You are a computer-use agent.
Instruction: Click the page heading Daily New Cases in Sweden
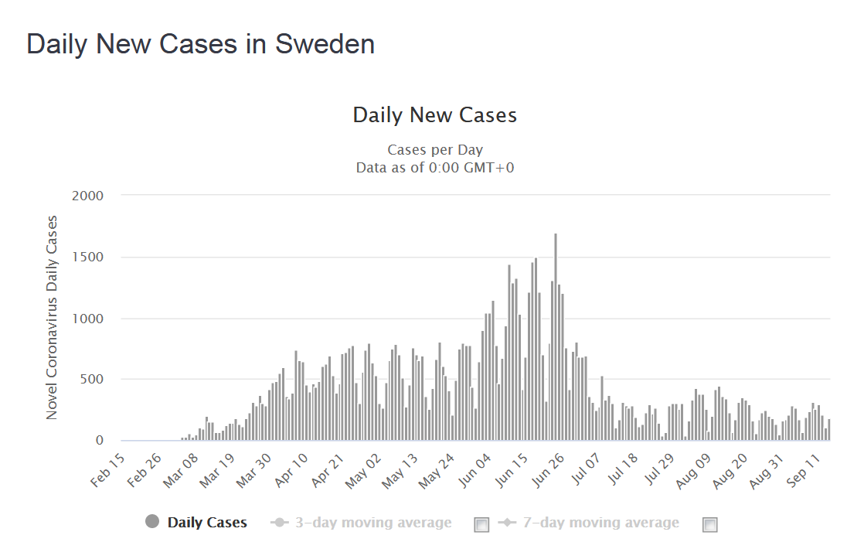pyautogui.click(x=200, y=44)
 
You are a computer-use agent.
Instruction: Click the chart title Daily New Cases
pyautogui.click(x=434, y=115)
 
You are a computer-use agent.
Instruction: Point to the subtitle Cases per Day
pyautogui.click(x=434, y=150)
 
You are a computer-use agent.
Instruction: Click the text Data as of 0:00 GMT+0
pyautogui.click(x=434, y=167)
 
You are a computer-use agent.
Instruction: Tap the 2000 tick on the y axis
pyautogui.click(x=88, y=196)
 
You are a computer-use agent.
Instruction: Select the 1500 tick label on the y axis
pyautogui.click(x=88, y=257)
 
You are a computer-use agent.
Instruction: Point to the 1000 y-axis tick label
pyautogui.click(x=88, y=319)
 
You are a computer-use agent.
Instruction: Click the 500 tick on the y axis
pyautogui.click(x=92, y=380)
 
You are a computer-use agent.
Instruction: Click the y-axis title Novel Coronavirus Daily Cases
pyautogui.click(x=52, y=318)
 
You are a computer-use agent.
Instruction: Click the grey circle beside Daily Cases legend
pyautogui.click(x=152, y=522)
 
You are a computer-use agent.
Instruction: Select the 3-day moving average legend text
pyautogui.click(x=373, y=523)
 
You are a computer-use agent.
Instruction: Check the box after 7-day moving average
pyautogui.click(x=710, y=525)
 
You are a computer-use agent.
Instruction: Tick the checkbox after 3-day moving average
pyautogui.click(x=481, y=525)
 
